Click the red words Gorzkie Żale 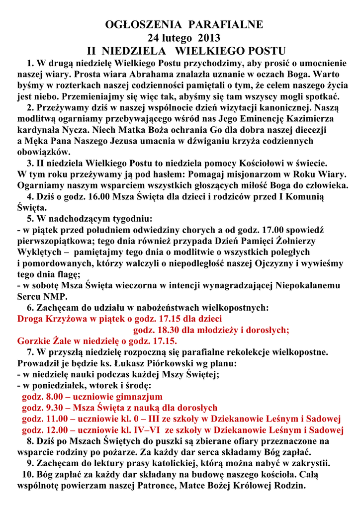click(45, 341)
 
